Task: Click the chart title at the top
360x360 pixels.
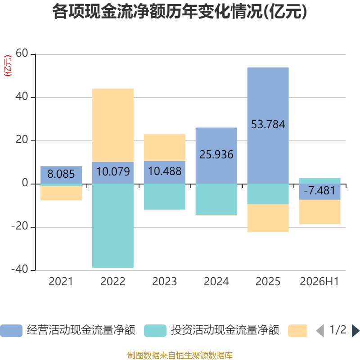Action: pos(180,12)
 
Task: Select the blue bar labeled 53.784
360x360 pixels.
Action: pos(268,126)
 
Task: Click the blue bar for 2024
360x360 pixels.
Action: pos(216,156)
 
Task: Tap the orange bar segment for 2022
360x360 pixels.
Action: pos(113,126)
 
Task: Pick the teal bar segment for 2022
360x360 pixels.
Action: pos(113,226)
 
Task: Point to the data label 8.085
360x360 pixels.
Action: pos(61,174)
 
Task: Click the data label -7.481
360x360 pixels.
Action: pos(319,190)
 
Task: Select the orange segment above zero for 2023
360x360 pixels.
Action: pos(165,148)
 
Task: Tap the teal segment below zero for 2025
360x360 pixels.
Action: pos(268,194)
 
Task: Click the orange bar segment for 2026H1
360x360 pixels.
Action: pos(319,212)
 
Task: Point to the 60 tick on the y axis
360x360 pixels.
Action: pos(22,53)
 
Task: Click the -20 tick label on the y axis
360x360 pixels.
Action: pos(20,226)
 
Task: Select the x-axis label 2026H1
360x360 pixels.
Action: pos(319,282)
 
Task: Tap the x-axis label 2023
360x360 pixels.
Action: pos(165,282)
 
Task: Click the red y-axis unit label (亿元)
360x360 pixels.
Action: pos(8,66)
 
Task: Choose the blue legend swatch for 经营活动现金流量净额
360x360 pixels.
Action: pos(11,331)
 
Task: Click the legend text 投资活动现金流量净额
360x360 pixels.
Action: pos(225,330)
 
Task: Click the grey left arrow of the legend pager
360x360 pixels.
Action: pos(320,331)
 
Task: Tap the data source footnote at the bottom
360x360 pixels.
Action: pos(180,355)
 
